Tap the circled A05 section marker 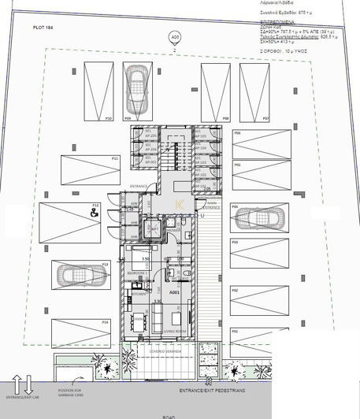click(175, 36)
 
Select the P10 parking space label click(109, 118)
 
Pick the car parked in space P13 click(76, 276)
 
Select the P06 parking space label click(236, 134)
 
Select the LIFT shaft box click(154, 228)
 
